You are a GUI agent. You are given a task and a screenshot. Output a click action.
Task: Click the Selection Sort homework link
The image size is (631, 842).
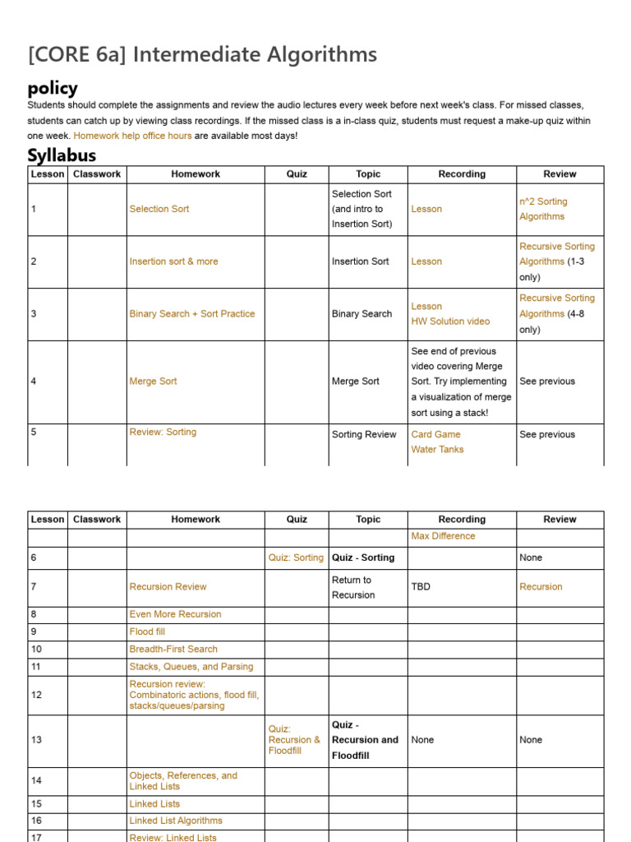coord(159,209)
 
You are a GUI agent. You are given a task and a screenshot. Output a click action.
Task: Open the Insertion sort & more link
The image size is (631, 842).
coord(173,261)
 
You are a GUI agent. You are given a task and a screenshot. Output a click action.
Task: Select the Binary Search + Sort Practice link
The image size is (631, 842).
coord(191,313)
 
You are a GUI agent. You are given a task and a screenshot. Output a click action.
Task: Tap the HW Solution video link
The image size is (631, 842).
coord(450,322)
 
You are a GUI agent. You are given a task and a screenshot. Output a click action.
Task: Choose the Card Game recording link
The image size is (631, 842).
coord(435,434)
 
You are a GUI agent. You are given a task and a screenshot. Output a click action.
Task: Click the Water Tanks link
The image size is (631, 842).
coord(437,449)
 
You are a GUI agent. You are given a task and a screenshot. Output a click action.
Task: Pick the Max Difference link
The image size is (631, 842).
coord(443,536)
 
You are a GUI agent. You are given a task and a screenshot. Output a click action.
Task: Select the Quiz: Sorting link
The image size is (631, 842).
coord(296,557)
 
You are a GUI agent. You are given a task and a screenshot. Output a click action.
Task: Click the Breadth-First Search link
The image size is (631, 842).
coord(173,649)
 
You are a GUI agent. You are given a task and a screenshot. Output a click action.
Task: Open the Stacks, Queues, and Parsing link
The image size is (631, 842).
coord(191,667)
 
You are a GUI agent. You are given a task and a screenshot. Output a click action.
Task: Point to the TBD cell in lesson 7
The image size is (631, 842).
coord(421,587)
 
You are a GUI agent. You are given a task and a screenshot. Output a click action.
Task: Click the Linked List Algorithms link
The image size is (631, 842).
coord(176,821)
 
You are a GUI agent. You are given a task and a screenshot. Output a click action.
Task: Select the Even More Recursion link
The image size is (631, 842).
coord(175,614)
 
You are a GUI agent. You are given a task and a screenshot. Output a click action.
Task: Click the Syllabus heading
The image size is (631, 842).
coord(62,155)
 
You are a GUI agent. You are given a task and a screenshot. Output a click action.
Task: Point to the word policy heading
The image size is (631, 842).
coord(53,88)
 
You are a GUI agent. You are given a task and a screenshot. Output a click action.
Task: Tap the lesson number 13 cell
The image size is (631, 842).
coord(36,740)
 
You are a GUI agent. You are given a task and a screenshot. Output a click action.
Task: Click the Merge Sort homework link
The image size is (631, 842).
coord(153,382)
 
